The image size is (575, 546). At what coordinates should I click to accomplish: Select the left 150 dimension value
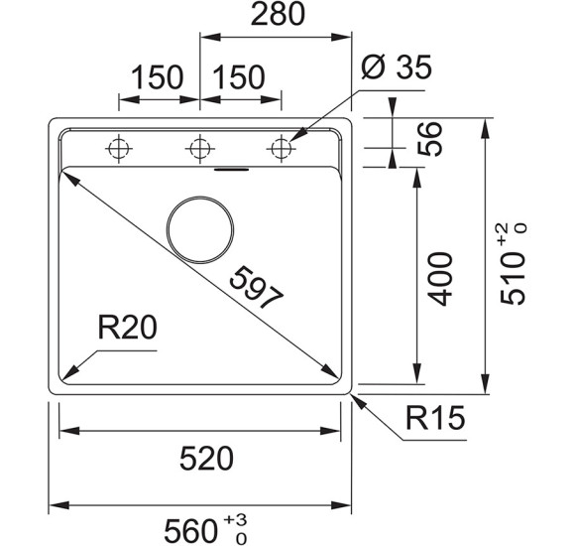[x=157, y=75]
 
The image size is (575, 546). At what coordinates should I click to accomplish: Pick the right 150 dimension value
[x=239, y=75]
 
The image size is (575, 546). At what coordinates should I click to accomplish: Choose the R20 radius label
[x=126, y=327]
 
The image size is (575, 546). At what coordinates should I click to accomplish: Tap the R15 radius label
[x=434, y=420]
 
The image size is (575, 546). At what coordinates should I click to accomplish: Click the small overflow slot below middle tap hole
[x=234, y=169]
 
